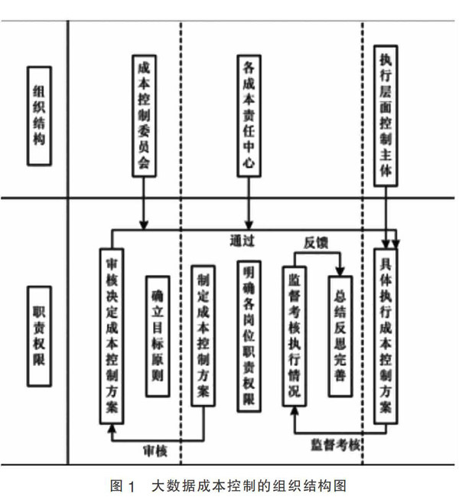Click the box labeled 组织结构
pos(39,116)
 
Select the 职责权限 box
pos(39,336)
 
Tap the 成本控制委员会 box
pos(144,116)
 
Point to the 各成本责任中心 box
pos(249,116)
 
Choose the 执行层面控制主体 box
pos(386,116)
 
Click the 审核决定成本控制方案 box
pos(112,336)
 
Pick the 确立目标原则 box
pos(158,336)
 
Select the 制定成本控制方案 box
pos(203,336)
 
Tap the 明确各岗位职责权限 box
pos(249,336)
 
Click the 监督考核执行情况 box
pos(295,336)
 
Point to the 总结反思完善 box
pos(340,336)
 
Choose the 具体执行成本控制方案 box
pos(386,336)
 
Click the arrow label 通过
pos(243,241)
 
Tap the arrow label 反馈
pos(316,243)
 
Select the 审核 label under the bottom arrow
pos(155,451)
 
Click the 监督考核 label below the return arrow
pos(336,445)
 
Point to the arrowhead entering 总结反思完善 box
pos(340,271)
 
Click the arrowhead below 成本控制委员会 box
pos(144,224)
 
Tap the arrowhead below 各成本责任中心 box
pos(249,224)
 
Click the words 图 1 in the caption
pos(123,486)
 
